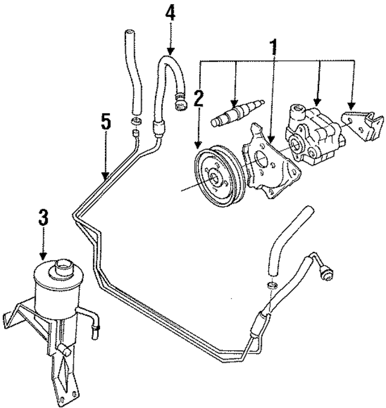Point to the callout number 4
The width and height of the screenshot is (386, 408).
(171, 13)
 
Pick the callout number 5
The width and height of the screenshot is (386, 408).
(106, 123)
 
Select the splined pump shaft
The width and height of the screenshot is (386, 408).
(236, 113)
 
